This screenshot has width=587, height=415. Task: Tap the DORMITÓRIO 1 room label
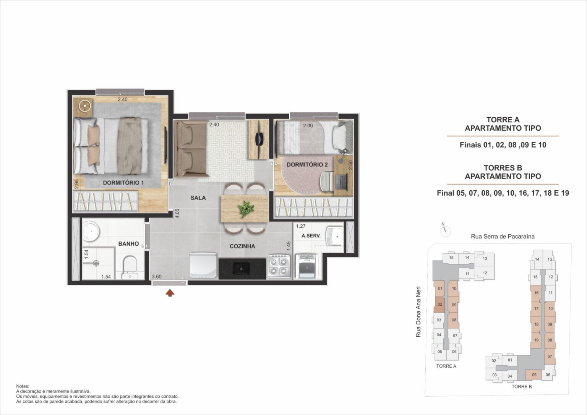[x=123, y=183]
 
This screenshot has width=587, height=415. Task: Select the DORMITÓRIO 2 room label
[x=307, y=164]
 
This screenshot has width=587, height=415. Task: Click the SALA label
[x=198, y=198]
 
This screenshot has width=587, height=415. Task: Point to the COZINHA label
[x=242, y=246]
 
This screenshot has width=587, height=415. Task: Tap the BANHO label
[x=128, y=244]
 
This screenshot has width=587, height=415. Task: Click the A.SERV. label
[x=311, y=236]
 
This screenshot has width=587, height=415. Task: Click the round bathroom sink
[x=91, y=231]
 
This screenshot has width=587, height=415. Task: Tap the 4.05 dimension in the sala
[x=177, y=213]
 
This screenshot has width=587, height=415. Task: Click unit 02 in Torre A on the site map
[x=440, y=304]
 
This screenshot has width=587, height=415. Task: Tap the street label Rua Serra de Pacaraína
[x=503, y=237]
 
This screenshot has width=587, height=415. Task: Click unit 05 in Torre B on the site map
[x=534, y=374]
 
